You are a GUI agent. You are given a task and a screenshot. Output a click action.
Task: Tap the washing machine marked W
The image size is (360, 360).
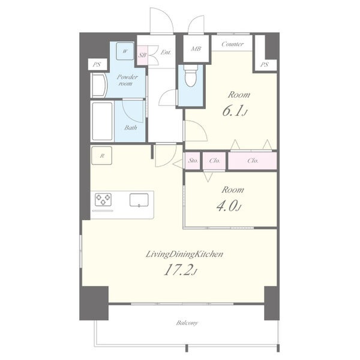(x=125, y=51)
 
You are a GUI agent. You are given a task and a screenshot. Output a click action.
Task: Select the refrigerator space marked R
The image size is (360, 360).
(x=102, y=155)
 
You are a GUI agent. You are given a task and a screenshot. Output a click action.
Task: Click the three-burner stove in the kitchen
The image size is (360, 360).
(x=103, y=200)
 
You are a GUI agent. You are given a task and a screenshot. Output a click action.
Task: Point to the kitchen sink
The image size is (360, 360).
(x=139, y=200)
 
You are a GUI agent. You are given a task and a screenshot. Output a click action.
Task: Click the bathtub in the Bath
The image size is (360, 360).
(x=102, y=121)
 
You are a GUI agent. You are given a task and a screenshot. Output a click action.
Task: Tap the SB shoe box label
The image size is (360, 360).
(x=142, y=55)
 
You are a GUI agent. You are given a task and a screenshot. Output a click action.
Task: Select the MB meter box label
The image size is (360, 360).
(x=196, y=49)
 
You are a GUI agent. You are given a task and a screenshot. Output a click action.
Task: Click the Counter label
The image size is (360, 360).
(x=232, y=44)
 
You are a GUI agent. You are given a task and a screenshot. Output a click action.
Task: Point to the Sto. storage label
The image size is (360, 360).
(x=193, y=160)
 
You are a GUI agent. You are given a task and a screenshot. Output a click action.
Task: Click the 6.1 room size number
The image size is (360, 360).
(x=232, y=112)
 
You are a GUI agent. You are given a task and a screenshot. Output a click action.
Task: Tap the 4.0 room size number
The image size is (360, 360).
(x=226, y=206)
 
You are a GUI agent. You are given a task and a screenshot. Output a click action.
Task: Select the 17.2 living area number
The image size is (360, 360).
(x=178, y=270)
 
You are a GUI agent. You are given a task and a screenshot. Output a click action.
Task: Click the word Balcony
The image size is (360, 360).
(x=187, y=323)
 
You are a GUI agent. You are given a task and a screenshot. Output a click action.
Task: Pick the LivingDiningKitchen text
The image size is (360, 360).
(x=185, y=254)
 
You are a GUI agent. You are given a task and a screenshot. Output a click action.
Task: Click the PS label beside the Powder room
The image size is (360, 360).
(x=97, y=65)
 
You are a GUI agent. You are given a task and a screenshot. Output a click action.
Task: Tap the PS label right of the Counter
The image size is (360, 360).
(x=264, y=65)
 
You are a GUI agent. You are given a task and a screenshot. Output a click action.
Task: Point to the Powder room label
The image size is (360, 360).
(x=127, y=80)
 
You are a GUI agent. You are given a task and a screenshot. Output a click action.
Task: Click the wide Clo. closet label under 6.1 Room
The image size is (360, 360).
(x=253, y=160)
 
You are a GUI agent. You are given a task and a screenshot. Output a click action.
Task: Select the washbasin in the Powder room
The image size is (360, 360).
(x=100, y=85)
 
